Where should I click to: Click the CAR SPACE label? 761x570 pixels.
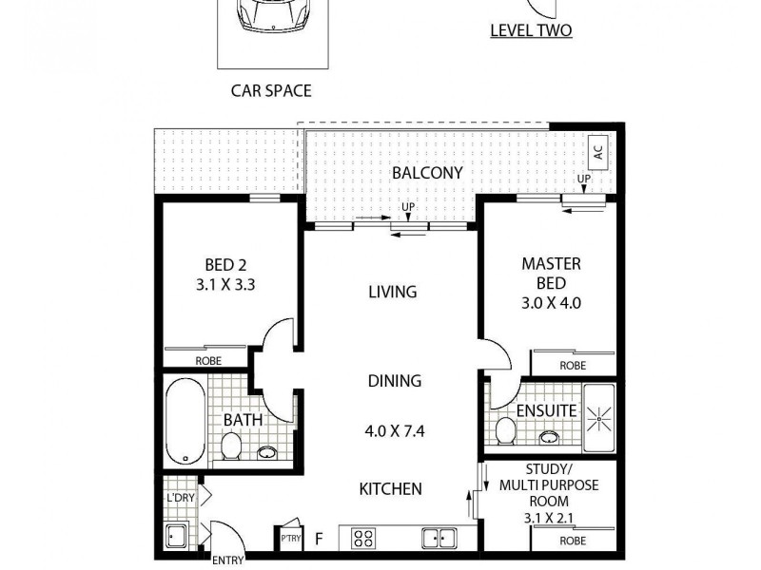pos(271,91)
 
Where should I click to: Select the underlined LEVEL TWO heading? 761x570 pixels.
pos(530,30)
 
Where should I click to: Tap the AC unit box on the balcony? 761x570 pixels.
pos(597,150)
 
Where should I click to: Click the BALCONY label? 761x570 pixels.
pos(427,173)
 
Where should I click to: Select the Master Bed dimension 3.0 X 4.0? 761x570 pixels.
pos(551,304)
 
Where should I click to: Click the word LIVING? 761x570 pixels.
pos(393,292)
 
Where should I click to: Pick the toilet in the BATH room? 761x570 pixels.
pos(230,446)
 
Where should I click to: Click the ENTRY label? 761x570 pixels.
pos(227,560)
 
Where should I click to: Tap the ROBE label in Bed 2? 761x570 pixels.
pos(208,361)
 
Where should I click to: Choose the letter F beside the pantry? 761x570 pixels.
pos(320,540)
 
